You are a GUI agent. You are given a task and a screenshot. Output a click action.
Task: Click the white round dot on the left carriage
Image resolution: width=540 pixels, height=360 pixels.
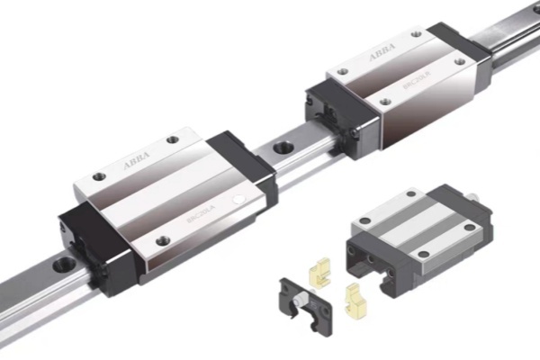click(238, 197)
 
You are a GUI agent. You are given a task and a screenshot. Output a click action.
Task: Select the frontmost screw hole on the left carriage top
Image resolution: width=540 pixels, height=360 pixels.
click(162, 239)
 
